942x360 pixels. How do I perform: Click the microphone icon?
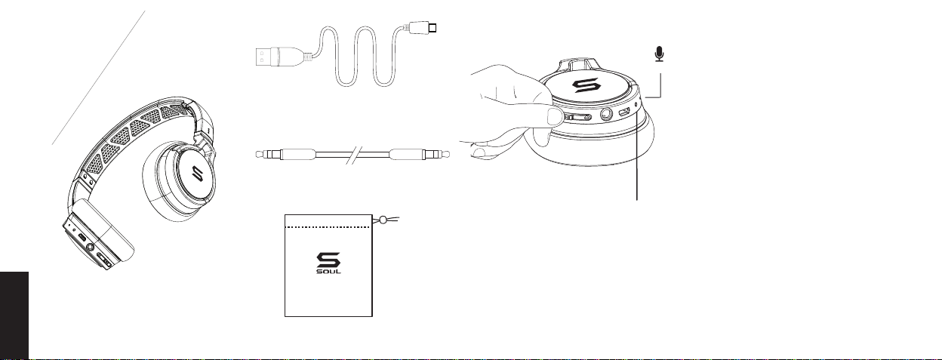[x=660, y=54]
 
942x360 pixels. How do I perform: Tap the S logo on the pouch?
[x=328, y=260]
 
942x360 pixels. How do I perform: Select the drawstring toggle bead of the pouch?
[x=383, y=220]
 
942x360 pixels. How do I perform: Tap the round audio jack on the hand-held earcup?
[x=605, y=116]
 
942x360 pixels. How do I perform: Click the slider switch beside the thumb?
[x=579, y=118]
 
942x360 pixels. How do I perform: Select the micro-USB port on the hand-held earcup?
[x=624, y=114]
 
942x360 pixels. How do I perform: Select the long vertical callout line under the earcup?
[x=638, y=158]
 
